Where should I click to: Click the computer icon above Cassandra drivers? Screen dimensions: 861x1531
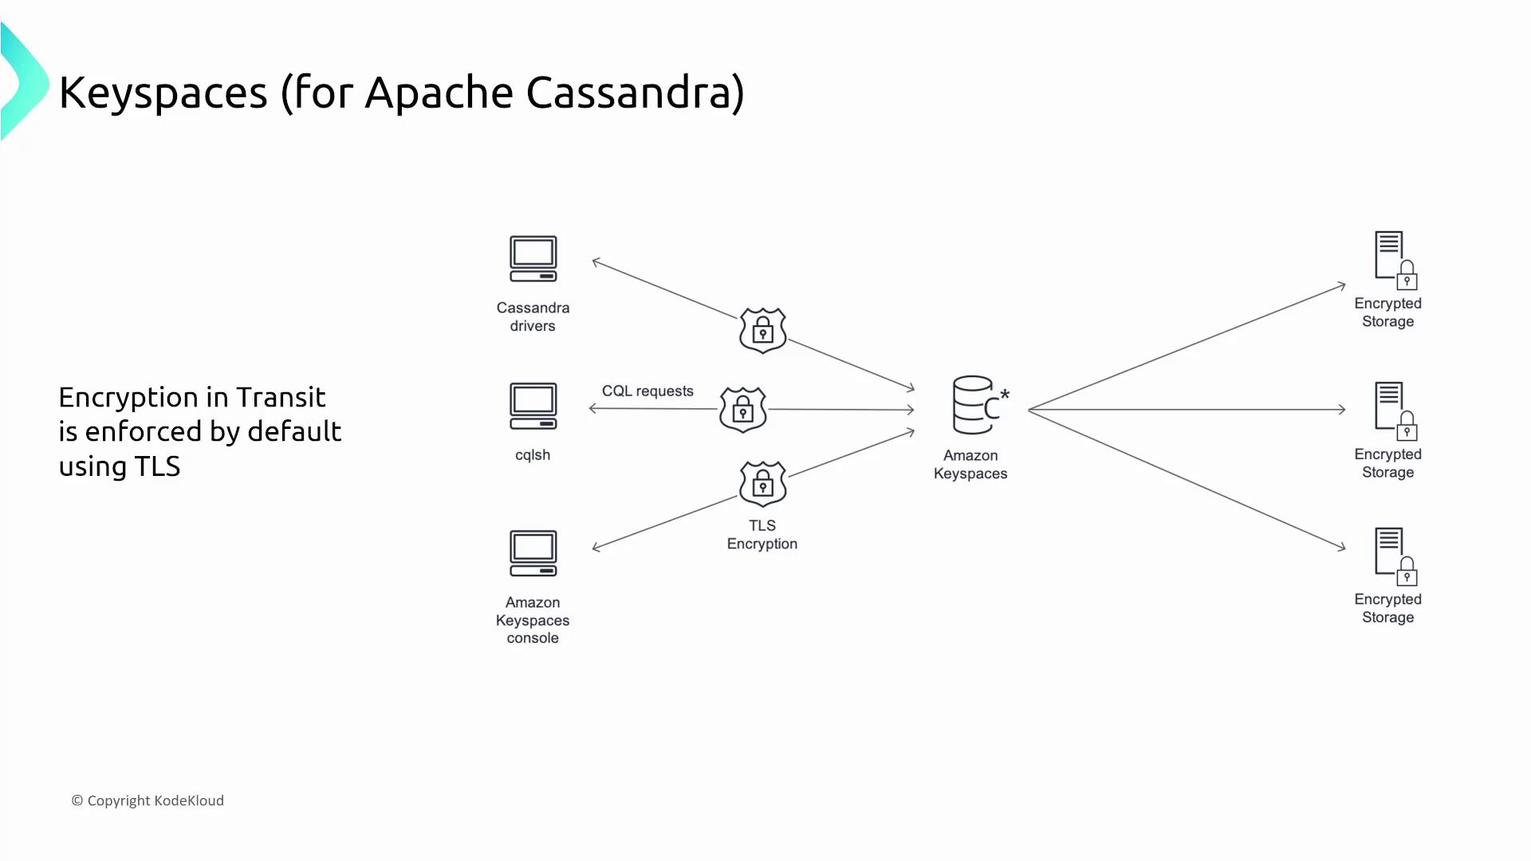click(533, 258)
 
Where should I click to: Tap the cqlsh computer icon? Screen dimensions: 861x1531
click(533, 406)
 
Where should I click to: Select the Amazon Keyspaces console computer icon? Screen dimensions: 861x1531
click(533, 552)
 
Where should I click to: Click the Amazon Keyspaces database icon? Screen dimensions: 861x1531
click(974, 405)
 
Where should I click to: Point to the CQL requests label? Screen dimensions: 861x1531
click(647, 391)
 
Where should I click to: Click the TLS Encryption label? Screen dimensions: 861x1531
click(762, 534)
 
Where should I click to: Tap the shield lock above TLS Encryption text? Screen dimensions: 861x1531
click(763, 483)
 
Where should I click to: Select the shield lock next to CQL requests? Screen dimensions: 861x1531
click(742, 410)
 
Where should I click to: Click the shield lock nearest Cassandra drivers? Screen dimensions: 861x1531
click(763, 329)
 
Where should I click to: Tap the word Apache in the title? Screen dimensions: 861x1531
click(439, 92)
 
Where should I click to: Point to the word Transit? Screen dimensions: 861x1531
click(281, 397)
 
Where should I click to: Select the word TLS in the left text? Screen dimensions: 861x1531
click(157, 466)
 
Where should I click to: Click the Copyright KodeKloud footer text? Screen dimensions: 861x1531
click(148, 800)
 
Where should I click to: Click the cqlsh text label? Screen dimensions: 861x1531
click(533, 455)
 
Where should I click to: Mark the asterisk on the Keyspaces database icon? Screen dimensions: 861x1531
click(1005, 394)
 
